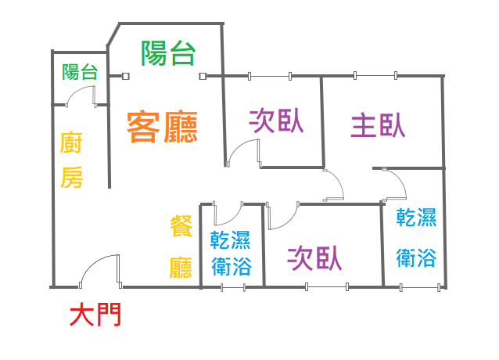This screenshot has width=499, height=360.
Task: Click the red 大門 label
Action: pos(95,315)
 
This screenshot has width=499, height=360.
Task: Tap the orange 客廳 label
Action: pos(162,126)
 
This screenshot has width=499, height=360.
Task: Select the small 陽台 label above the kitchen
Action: pos(80,73)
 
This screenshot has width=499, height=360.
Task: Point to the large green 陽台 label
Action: pos(167,53)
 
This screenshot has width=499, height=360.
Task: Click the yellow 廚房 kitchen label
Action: pos(72,161)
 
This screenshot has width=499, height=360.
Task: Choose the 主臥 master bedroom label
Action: pos(378,125)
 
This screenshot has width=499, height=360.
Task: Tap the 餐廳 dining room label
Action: pos(181,248)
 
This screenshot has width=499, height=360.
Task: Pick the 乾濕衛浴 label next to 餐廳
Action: pos(232,253)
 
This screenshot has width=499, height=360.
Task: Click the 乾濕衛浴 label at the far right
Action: pos(416,237)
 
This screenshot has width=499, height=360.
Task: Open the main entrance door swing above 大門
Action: pos(99,270)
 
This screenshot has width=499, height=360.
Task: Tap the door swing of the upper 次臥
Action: pos(244,152)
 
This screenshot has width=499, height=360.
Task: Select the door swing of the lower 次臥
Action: pos(284,214)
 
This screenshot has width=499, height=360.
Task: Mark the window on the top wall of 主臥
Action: pos(376,76)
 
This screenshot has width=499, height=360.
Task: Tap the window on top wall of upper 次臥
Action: pos(269,76)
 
